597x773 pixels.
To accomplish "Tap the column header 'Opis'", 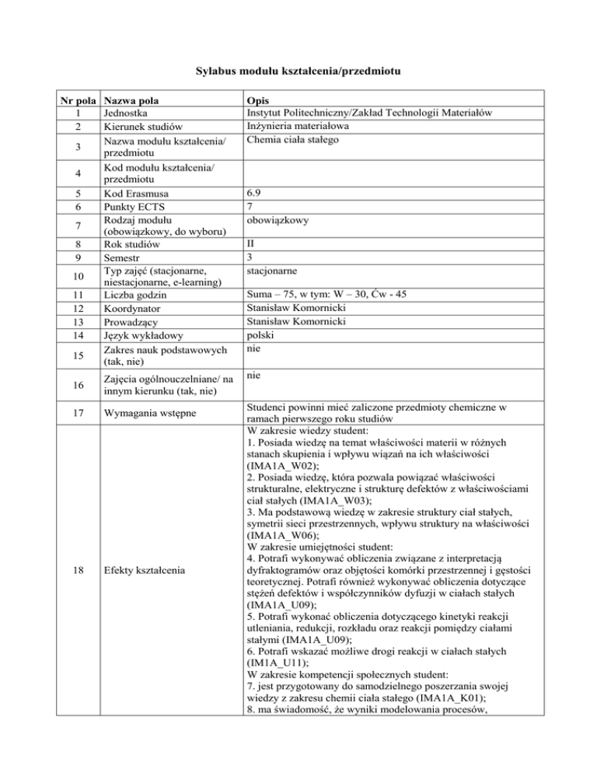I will tap(257, 101).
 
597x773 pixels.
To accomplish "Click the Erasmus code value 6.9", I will tap(252, 193).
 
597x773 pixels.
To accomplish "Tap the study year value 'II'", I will tap(249, 246).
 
